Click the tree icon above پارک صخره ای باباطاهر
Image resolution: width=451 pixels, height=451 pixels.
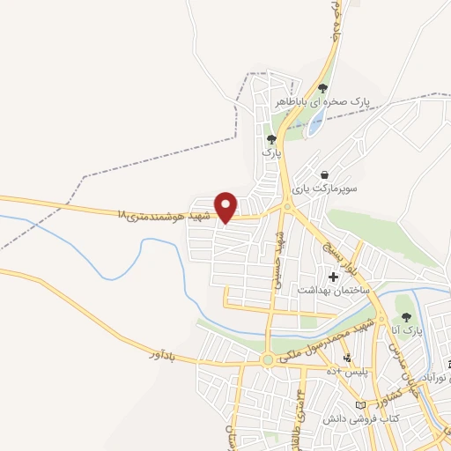pos(323,88)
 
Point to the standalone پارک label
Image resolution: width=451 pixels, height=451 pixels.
pos(271,152)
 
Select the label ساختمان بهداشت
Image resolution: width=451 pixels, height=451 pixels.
pos(336,290)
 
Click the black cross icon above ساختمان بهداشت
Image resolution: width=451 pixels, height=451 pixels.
pos(332,277)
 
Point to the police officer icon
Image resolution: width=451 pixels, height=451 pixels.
pos(347,358)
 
